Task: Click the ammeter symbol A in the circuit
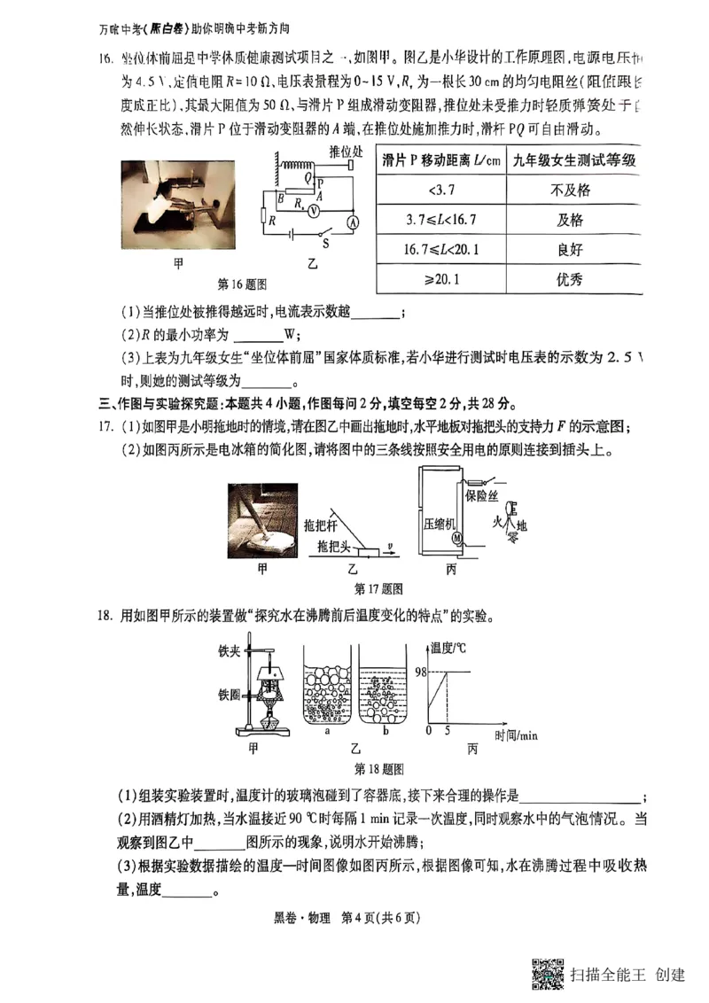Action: (351, 224)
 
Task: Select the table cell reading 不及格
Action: (571, 190)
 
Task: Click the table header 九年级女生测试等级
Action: (571, 160)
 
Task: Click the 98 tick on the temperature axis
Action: (419, 672)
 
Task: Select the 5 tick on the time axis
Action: (448, 730)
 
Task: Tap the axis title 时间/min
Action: (516, 735)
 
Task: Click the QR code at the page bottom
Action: (548, 974)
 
